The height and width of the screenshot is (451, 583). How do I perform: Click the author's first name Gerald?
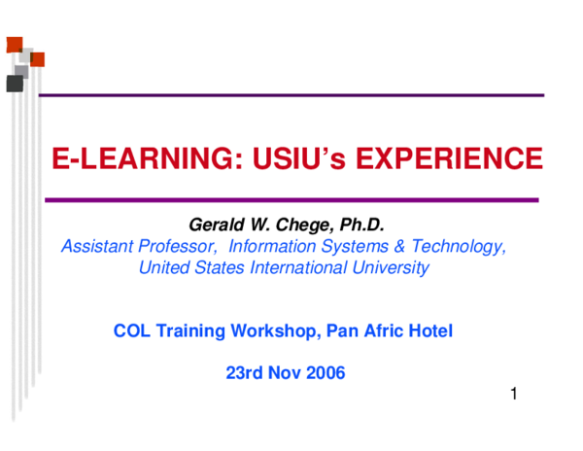214,225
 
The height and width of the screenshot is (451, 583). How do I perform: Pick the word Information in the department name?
270,247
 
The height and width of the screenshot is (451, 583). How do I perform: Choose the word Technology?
455,247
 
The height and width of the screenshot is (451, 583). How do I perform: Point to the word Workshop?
274,331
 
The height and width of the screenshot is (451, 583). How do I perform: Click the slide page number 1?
512,395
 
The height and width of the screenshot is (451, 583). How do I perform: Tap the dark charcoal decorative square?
15,84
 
